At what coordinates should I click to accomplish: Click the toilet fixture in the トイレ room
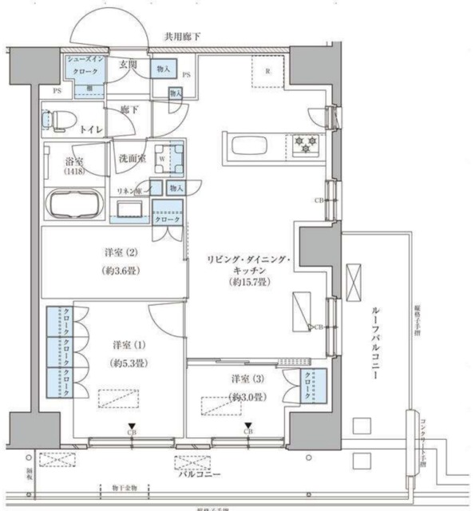(54, 121)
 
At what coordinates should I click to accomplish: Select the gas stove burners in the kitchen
(306, 145)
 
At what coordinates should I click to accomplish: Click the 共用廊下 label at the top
(184, 36)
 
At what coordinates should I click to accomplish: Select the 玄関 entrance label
(129, 65)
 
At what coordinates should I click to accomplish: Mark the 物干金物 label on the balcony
(126, 486)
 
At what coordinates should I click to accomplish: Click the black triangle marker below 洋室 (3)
(248, 425)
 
